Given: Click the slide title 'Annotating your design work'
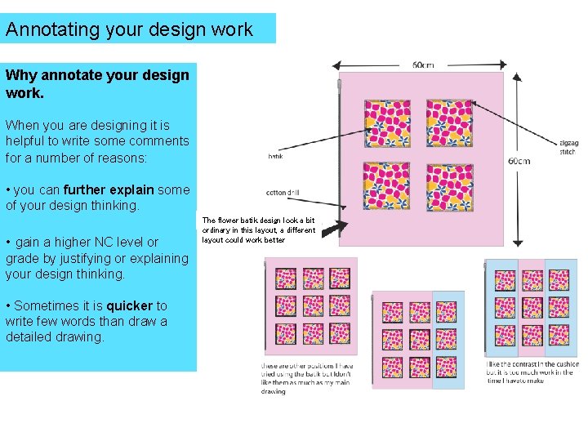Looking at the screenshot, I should [129, 30].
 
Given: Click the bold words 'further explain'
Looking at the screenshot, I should [109, 189].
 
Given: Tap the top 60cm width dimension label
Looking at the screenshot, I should [423, 65].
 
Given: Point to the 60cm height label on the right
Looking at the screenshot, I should [519, 161].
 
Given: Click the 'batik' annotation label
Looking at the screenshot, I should [275, 156].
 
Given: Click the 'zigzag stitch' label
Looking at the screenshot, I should [568, 146].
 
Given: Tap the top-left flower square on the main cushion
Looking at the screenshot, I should [387, 123].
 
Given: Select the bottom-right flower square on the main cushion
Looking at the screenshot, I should [449, 186].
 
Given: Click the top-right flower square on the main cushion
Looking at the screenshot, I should [449, 123].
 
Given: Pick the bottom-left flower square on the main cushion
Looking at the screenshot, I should [387, 186].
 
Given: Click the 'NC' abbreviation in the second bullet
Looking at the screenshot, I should [100, 242].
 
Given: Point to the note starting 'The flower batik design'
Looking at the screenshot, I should [258, 230].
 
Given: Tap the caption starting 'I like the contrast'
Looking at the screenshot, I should [532, 372].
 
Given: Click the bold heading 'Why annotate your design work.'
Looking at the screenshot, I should [96, 83].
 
